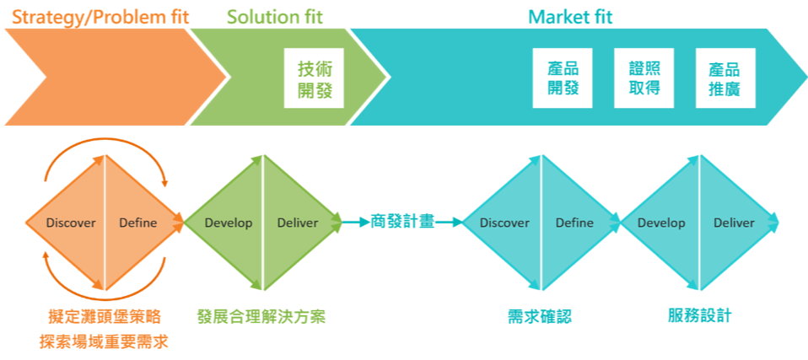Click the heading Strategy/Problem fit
96,15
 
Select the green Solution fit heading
274,16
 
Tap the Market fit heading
570,16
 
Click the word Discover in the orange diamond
71,223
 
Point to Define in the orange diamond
137,223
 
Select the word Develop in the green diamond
228,223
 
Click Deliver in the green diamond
298,223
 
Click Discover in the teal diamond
504,223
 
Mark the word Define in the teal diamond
574,223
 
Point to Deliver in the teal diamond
734,223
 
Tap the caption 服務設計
699,316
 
